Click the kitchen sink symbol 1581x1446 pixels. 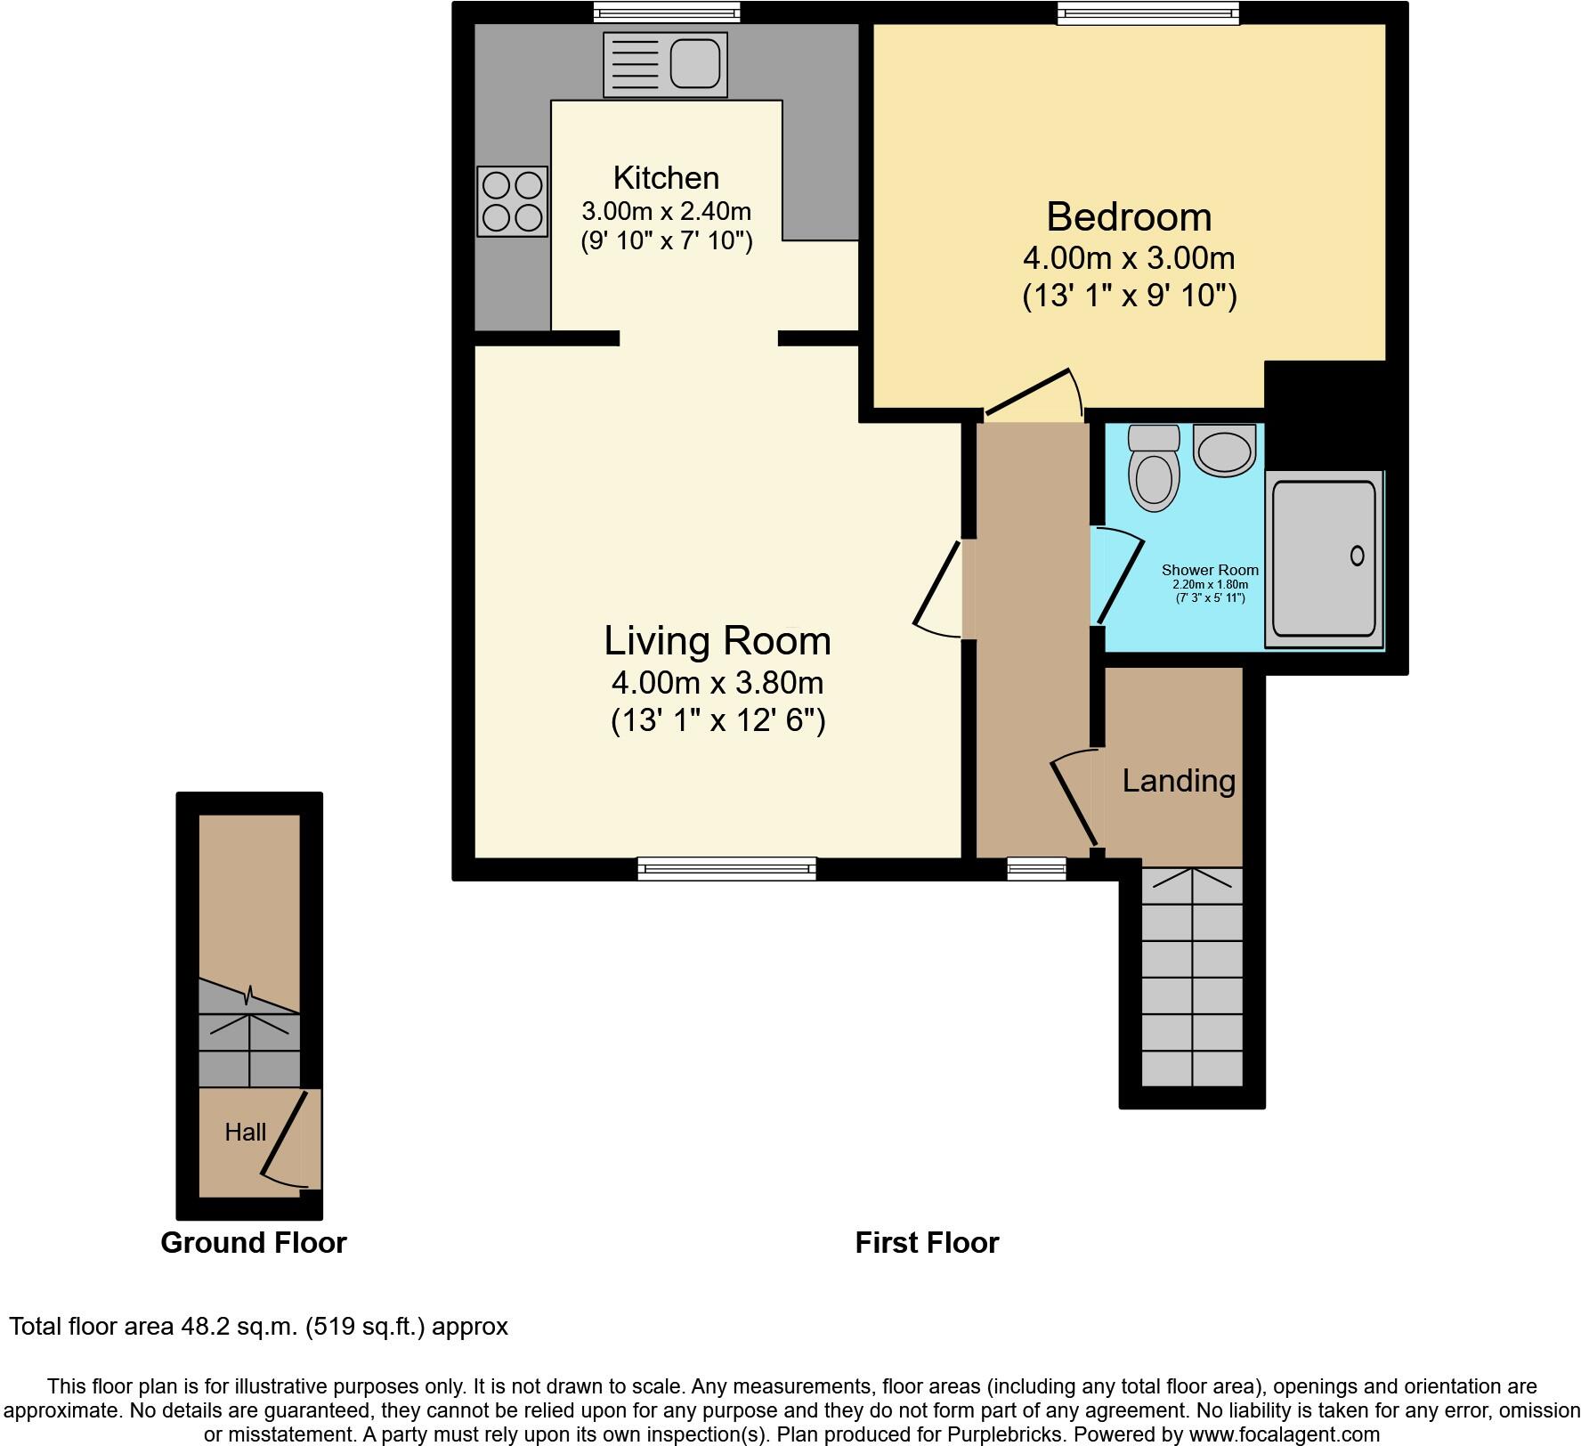(x=665, y=65)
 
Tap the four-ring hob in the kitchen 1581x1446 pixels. (x=512, y=201)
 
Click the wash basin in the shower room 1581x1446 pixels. (x=1225, y=451)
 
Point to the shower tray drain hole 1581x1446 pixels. (x=1357, y=556)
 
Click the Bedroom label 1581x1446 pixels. (x=1129, y=217)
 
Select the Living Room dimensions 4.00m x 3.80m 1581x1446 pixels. (x=718, y=683)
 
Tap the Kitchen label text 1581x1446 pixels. (x=666, y=178)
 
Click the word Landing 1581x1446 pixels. (x=1178, y=781)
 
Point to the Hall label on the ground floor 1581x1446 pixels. (x=245, y=1133)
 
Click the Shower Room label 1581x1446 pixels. (x=1210, y=570)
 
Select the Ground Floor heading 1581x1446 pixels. (x=254, y=1243)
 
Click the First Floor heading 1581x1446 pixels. (x=927, y=1243)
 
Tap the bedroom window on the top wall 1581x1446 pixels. (x=1148, y=12)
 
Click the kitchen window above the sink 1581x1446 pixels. (x=667, y=12)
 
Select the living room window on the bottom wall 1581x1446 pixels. (x=726, y=868)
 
